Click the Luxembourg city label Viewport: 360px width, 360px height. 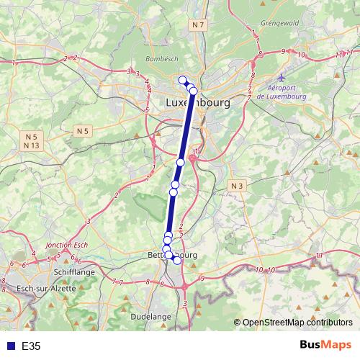(198, 103)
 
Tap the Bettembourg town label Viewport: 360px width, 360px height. (172, 255)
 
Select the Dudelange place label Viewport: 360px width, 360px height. (151, 316)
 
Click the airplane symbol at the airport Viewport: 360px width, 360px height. (282, 78)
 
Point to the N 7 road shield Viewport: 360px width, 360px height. (199, 25)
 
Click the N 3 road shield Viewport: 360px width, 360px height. (236, 186)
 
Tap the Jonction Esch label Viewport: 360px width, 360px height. (66, 246)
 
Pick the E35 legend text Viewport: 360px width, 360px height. (31, 346)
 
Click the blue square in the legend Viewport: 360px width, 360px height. (10, 346)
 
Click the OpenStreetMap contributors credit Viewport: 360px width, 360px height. (297, 323)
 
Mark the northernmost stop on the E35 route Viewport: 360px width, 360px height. (183, 80)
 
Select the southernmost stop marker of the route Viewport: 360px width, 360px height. (177, 260)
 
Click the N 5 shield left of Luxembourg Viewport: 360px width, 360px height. (84, 130)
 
